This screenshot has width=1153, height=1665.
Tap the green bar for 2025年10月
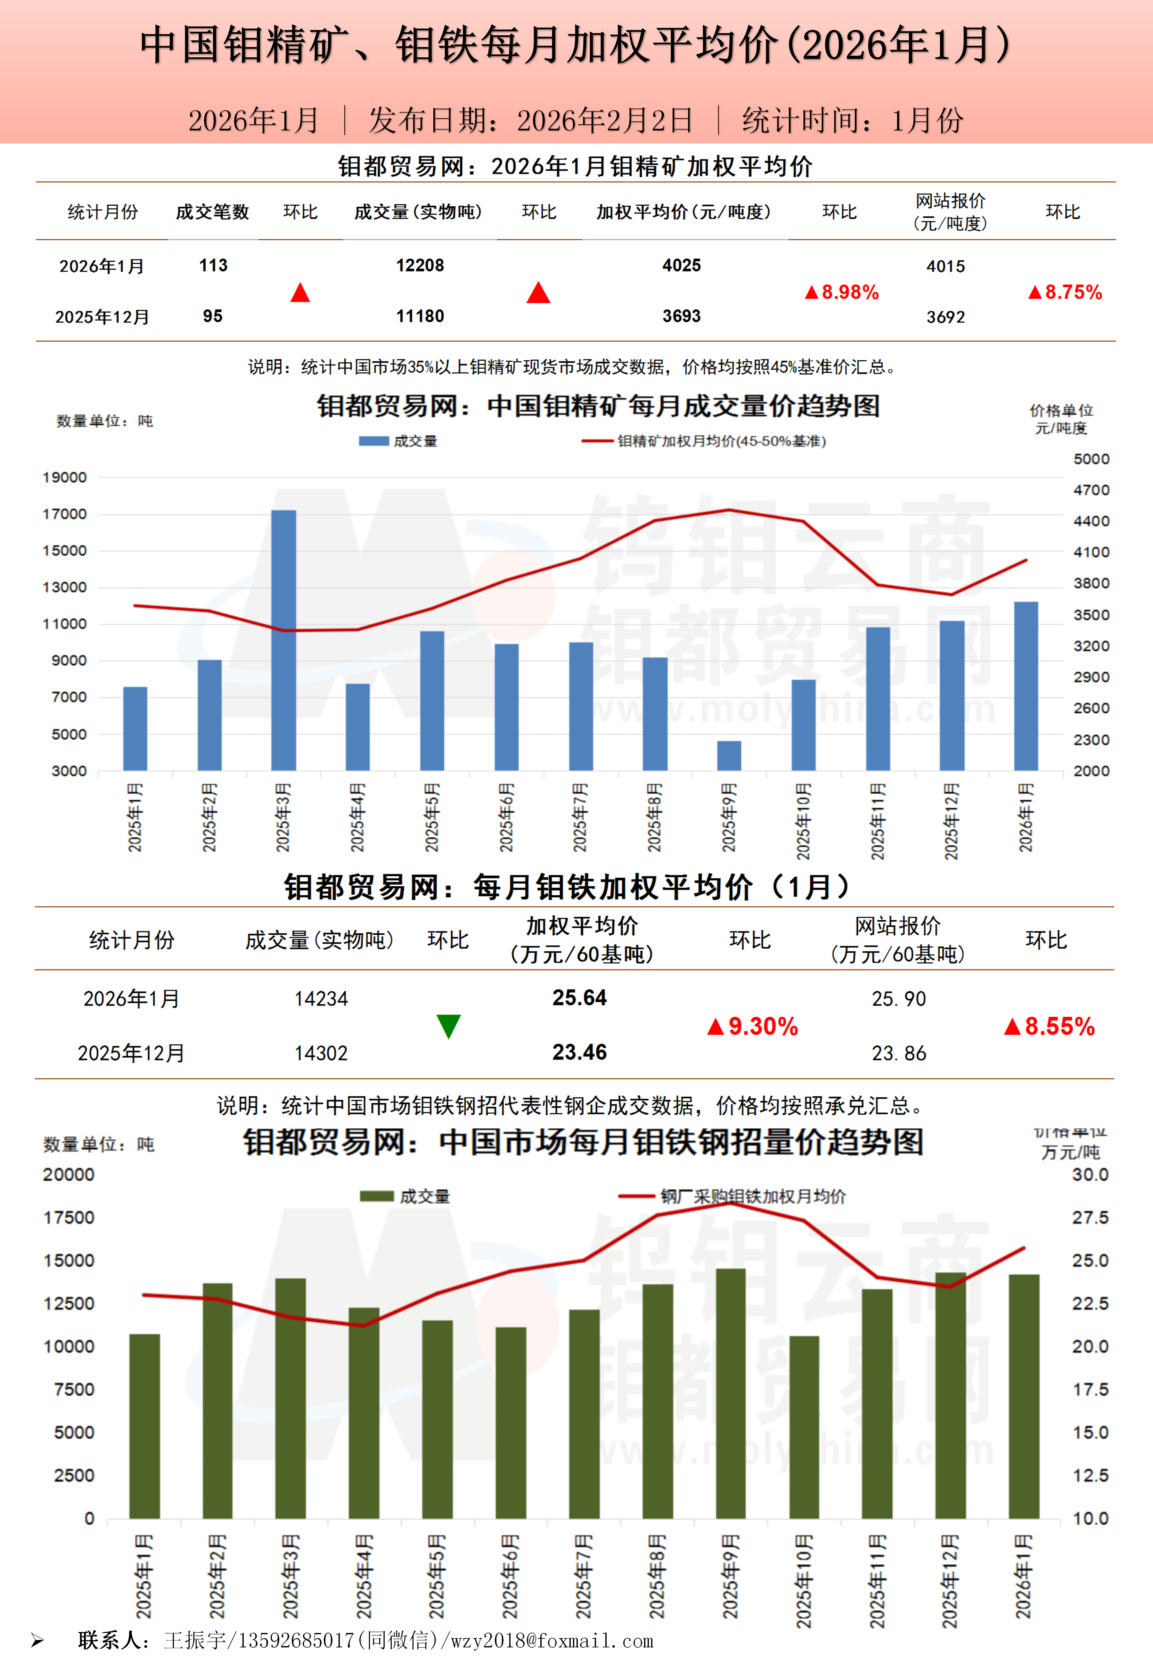click(804, 1427)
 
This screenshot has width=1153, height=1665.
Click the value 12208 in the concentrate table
click(420, 266)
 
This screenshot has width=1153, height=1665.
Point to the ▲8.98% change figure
click(842, 292)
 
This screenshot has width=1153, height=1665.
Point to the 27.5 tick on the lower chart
click(1090, 1218)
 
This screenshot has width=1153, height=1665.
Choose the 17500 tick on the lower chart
click(70, 1218)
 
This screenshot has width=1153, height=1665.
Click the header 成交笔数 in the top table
click(212, 212)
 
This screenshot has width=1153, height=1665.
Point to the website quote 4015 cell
click(946, 267)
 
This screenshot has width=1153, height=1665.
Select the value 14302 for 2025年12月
click(321, 1053)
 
